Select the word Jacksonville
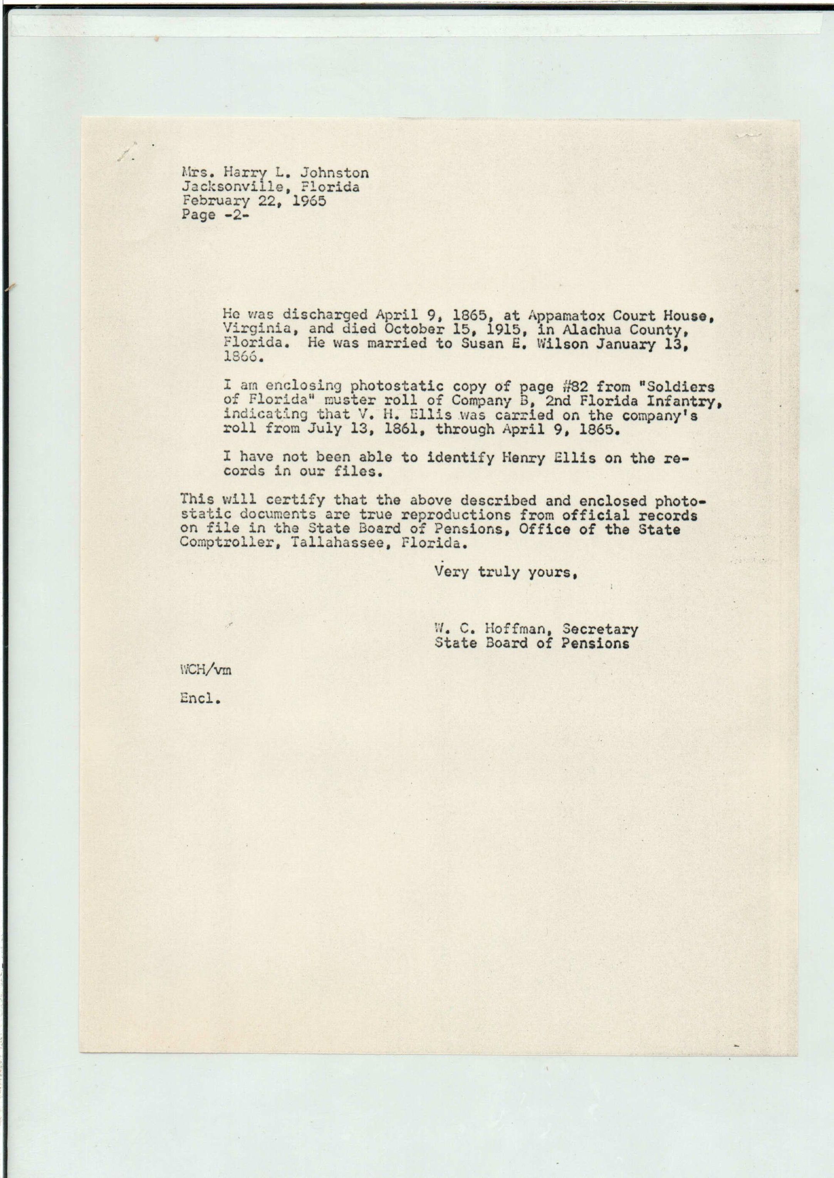click(x=230, y=187)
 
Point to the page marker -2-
click(x=235, y=215)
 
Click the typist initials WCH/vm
click(x=205, y=671)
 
